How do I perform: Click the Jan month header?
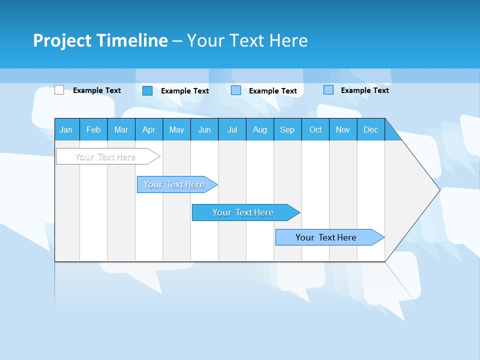pos(66,129)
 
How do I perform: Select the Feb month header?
pos(93,129)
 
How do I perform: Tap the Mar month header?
pos(121,129)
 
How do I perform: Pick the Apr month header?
pos(149,129)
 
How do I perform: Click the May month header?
pos(176,129)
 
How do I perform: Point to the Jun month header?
pos(204,129)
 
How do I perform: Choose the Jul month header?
pos(232,129)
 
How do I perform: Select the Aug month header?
pos(260,129)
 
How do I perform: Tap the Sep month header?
pos(287,129)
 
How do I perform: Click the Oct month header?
pos(315,129)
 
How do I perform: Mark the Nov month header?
pos(343,129)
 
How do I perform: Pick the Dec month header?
pos(371,129)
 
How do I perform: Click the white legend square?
pos(59,90)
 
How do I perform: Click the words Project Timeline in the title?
pos(100,40)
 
